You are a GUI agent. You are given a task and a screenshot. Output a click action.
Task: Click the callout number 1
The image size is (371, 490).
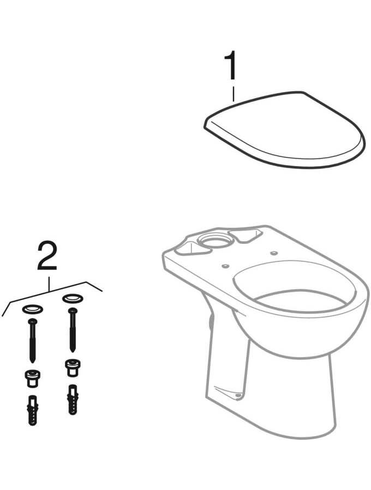click(x=231, y=66)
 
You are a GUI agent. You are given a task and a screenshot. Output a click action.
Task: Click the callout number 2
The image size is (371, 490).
click(x=47, y=256)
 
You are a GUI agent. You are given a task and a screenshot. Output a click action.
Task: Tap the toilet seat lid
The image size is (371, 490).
click(x=284, y=130)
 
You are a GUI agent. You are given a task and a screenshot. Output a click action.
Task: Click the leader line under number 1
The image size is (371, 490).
click(x=234, y=94)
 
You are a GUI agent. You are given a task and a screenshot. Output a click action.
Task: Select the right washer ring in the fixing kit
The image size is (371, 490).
click(x=73, y=298)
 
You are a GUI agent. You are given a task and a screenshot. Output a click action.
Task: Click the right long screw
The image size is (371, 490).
click(x=73, y=330)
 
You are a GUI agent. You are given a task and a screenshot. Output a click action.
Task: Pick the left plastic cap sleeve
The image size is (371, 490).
click(x=33, y=378)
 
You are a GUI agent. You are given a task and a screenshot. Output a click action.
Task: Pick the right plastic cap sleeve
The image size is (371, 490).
click(x=73, y=367)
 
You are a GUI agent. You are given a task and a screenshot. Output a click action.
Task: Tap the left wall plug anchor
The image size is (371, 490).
click(x=33, y=410)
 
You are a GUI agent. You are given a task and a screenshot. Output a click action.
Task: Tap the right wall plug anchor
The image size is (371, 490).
click(x=73, y=400)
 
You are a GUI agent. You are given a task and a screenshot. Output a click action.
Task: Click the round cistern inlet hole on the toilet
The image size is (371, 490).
click(x=215, y=240)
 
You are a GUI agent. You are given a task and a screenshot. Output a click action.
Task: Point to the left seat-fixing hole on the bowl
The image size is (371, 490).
click(x=224, y=266)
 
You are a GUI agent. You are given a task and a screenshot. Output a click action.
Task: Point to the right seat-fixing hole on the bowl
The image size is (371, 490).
click(x=274, y=253)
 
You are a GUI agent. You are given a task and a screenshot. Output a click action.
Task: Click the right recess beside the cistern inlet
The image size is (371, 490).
click(x=247, y=235)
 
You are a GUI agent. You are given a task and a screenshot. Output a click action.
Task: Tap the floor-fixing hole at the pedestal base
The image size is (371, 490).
click(x=238, y=396)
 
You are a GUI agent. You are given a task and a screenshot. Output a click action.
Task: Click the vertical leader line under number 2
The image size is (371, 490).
click(x=49, y=285)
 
